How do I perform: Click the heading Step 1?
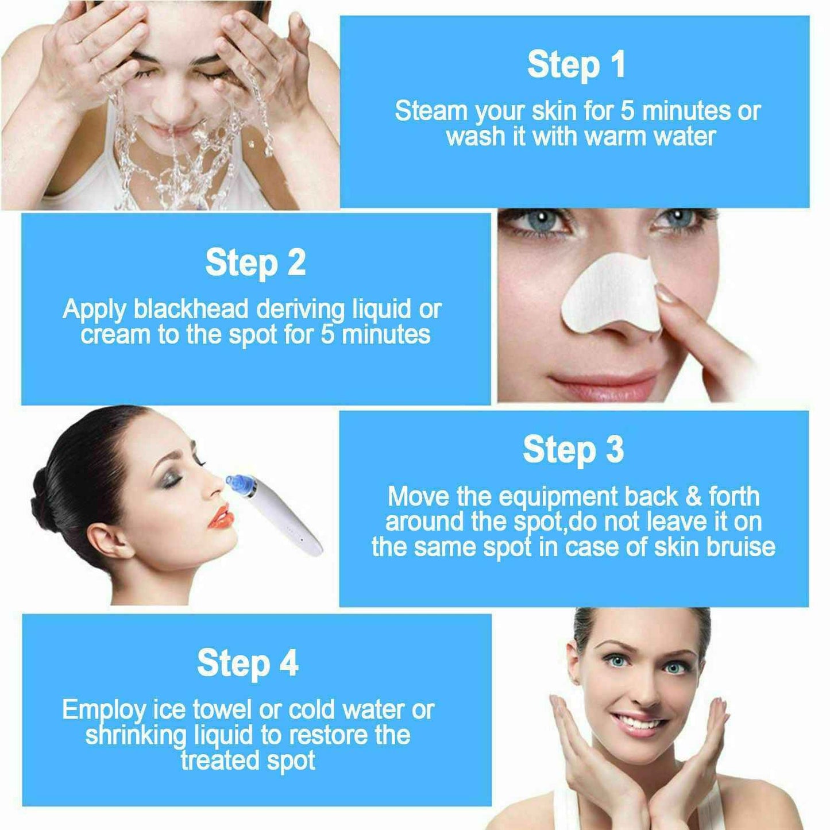coord(576,64)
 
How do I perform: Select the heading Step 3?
coord(573,450)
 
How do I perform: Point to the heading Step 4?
coord(248,663)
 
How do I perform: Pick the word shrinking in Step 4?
coord(136,735)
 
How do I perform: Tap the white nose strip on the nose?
coord(609,292)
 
